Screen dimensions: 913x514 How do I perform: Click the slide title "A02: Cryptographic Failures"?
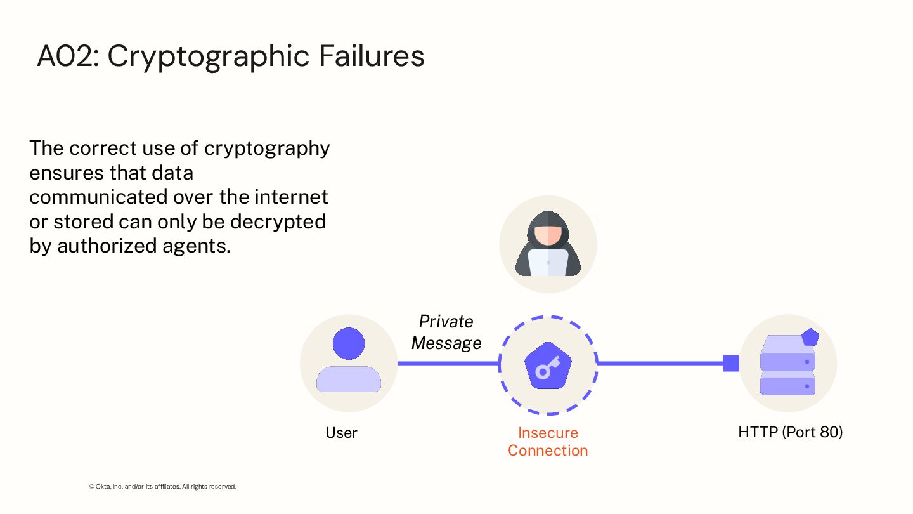[x=231, y=56]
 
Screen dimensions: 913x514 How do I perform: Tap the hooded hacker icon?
[x=548, y=244]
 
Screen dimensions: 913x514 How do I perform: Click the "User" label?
[x=341, y=433]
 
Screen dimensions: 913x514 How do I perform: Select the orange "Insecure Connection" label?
[x=548, y=442]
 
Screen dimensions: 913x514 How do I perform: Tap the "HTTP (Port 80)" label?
[x=790, y=432]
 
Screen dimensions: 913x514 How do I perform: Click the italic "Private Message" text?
[x=446, y=332]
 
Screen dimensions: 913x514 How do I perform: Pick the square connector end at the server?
[x=731, y=363]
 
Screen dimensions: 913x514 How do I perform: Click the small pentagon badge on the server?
[x=810, y=337]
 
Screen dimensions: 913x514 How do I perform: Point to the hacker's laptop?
[x=548, y=262]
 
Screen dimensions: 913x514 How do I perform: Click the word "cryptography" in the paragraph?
[x=267, y=148]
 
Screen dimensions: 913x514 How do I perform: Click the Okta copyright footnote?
[x=163, y=487]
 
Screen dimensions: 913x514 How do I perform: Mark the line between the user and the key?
[x=448, y=364]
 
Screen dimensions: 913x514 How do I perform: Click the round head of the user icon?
[x=349, y=343]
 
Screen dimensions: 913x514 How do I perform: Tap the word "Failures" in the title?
[x=372, y=56]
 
